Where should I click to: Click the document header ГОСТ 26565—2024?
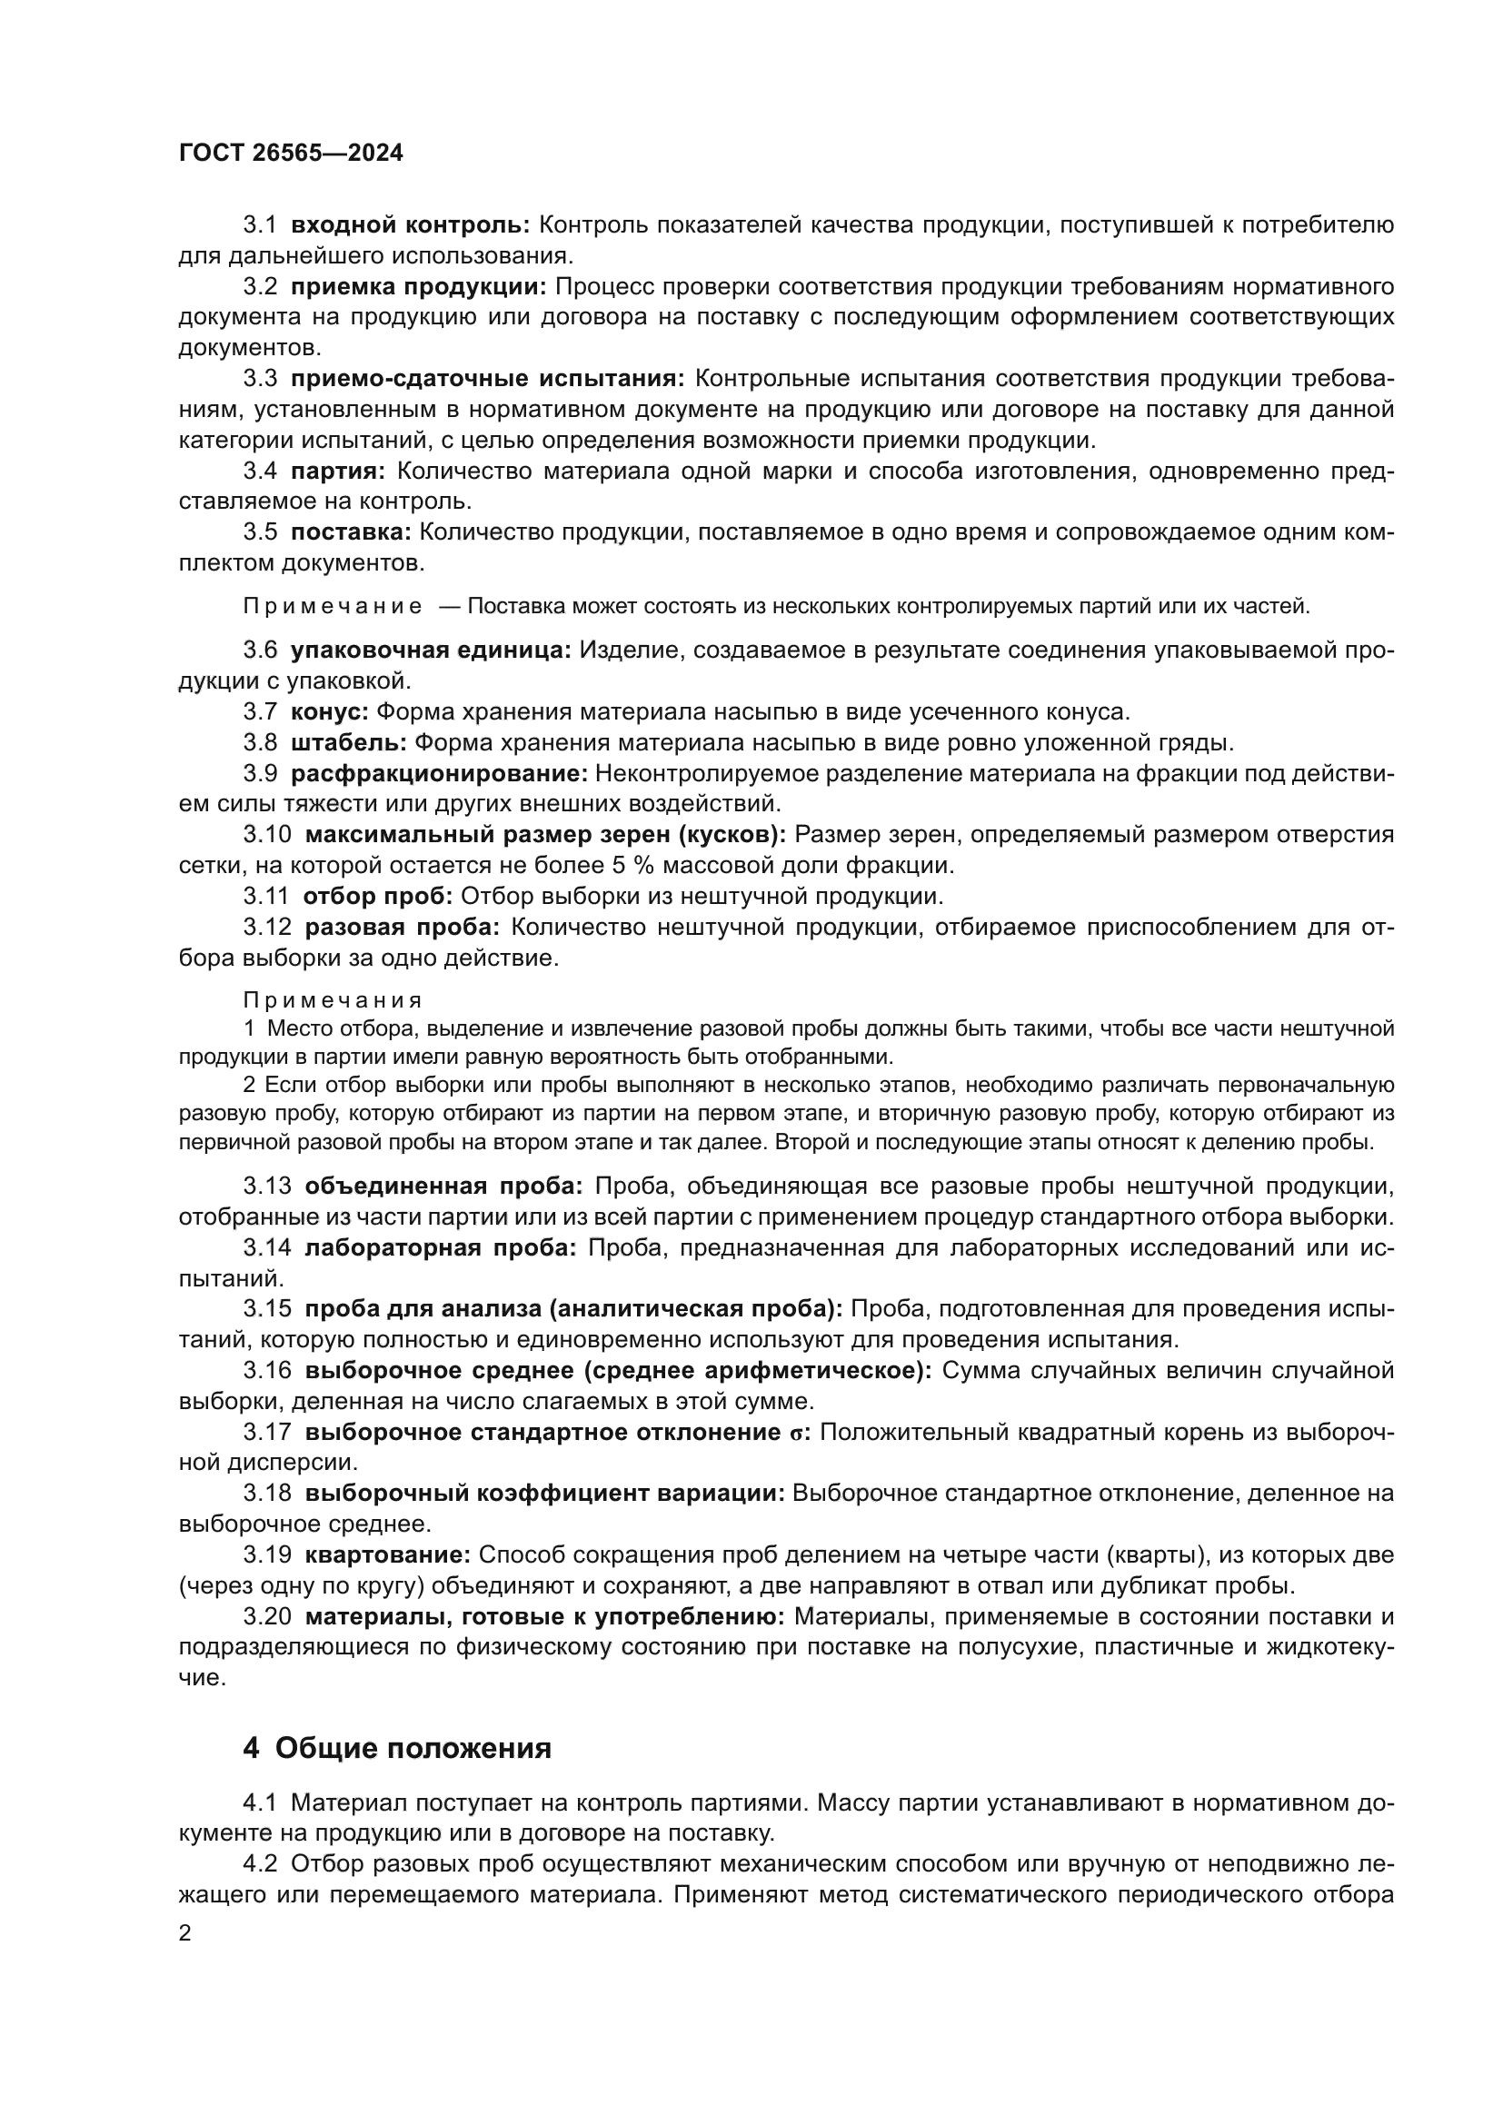click(x=291, y=154)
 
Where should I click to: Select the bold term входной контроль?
click(x=410, y=225)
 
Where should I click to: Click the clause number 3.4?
click(x=260, y=472)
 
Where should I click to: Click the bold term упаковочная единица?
click(x=432, y=650)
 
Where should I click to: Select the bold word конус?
click(x=330, y=711)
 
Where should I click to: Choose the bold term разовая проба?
click(x=402, y=928)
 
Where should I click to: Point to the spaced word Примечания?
click(x=333, y=1000)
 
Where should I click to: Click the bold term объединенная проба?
click(x=443, y=1187)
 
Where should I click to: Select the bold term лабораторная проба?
click(x=440, y=1247)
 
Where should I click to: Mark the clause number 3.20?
click(x=267, y=1617)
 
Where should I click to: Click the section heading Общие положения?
click(x=413, y=1748)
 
